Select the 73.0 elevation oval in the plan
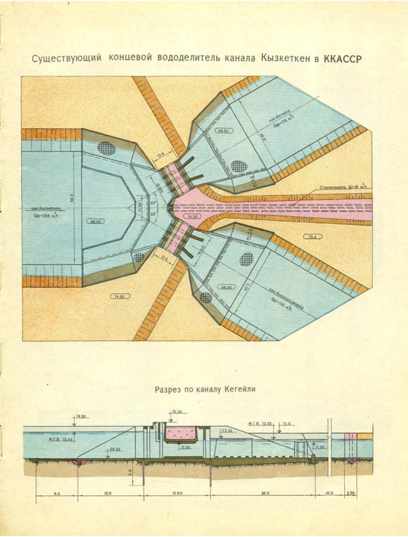click(x=311, y=236)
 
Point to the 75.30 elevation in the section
click(x=177, y=412)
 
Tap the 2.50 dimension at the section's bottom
click(x=350, y=493)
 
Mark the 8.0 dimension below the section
click(x=55, y=493)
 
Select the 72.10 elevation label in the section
click(x=227, y=430)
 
